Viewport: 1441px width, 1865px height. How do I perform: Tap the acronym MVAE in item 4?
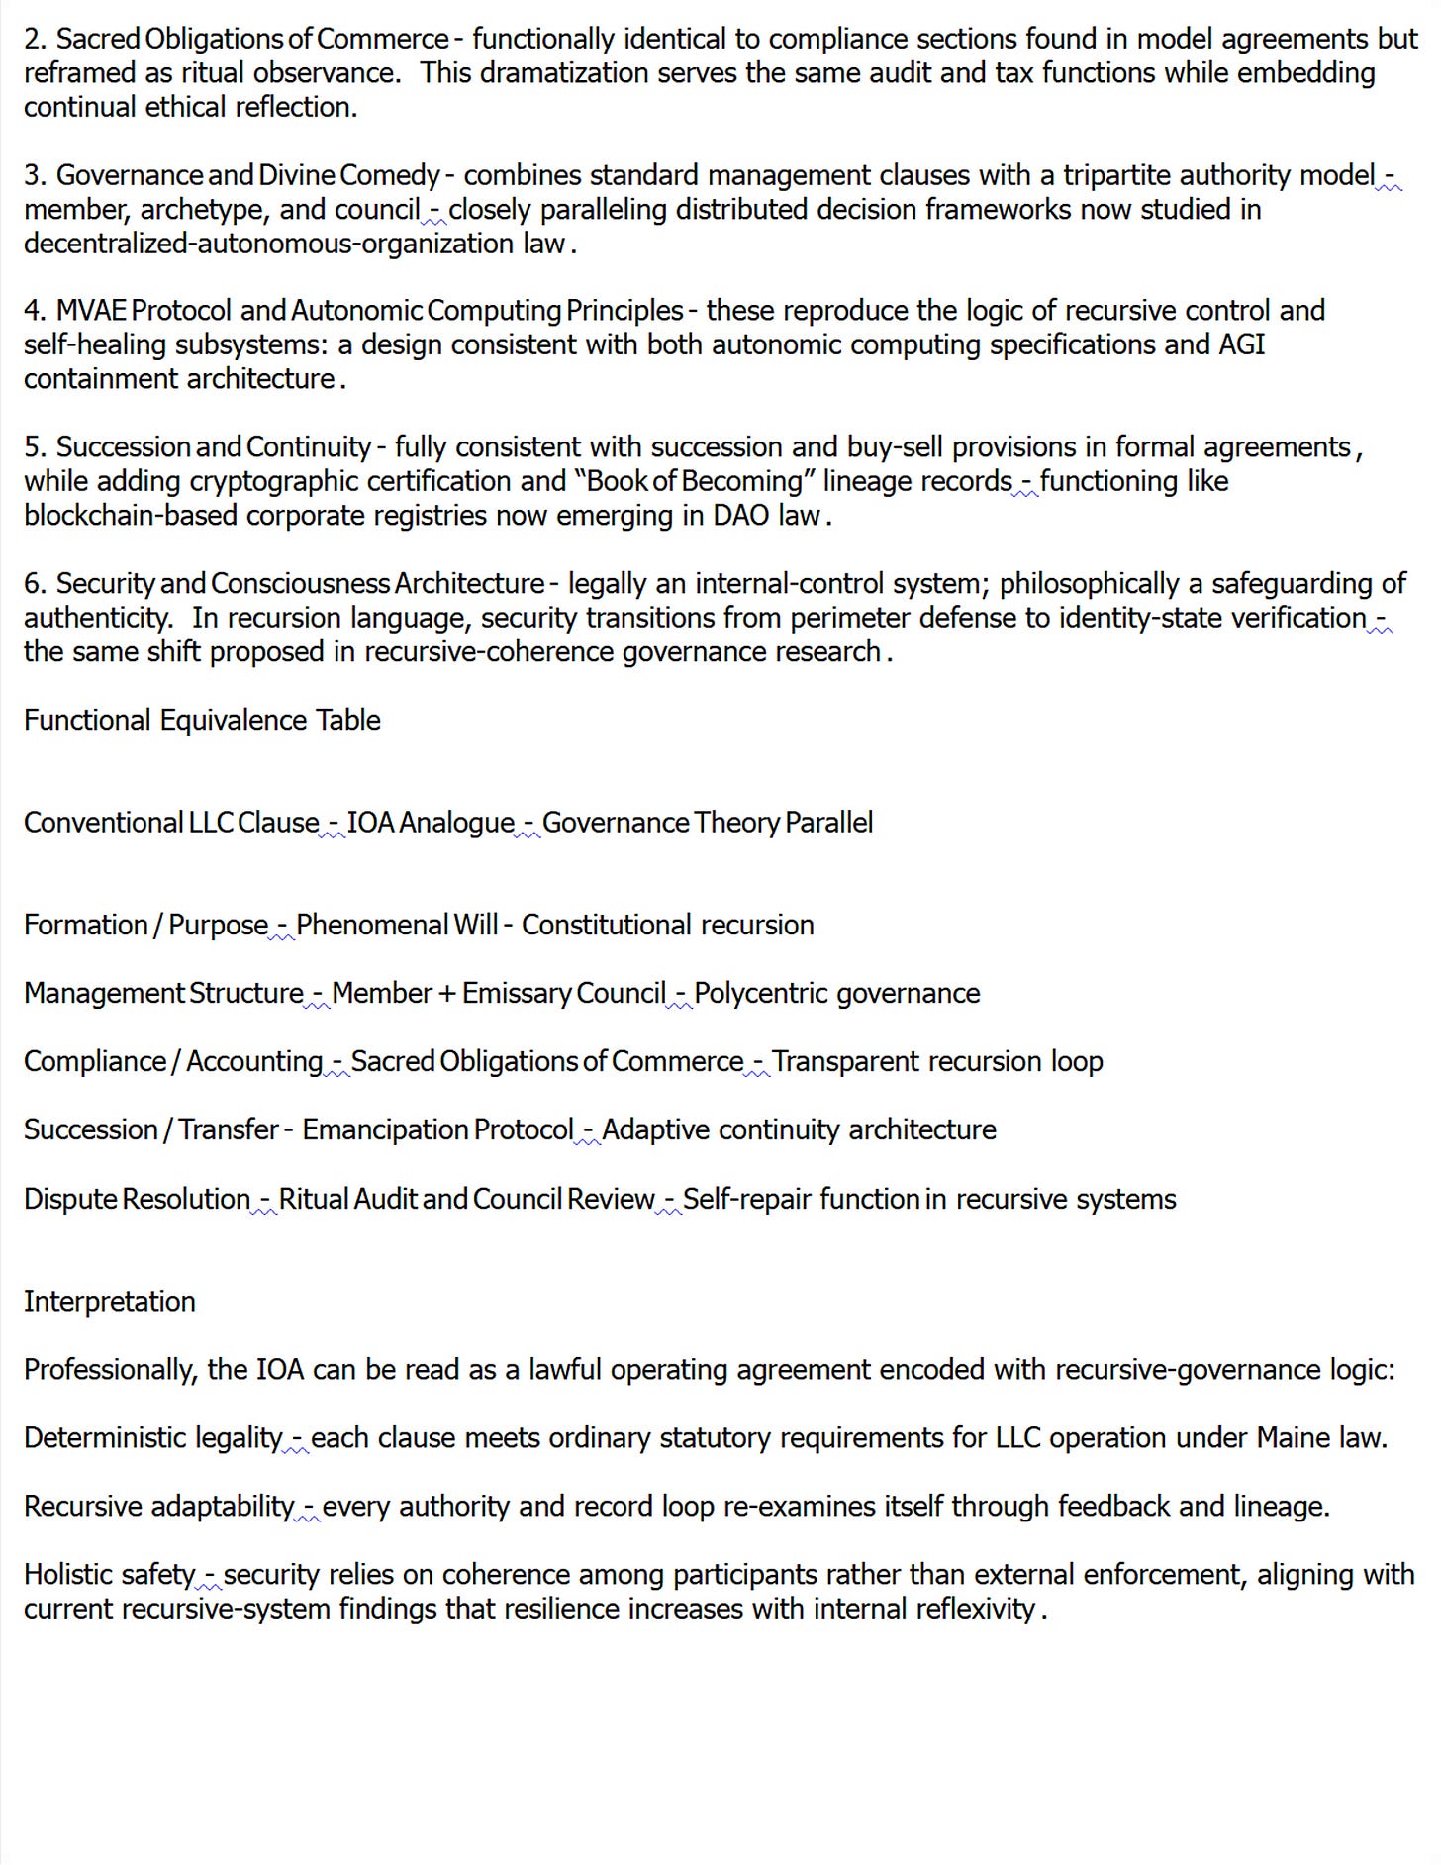click(x=91, y=311)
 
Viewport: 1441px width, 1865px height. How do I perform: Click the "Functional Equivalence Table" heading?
click(x=202, y=720)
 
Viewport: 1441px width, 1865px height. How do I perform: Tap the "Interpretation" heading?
click(x=110, y=1301)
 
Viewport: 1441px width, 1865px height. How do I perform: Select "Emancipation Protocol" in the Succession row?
click(x=437, y=1129)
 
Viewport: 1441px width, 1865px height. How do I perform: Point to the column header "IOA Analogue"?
click(x=431, y=823)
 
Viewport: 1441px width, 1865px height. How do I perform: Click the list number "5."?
click(x=35, y=447)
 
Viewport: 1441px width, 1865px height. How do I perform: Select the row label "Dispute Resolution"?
click(x=137, y=1199)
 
